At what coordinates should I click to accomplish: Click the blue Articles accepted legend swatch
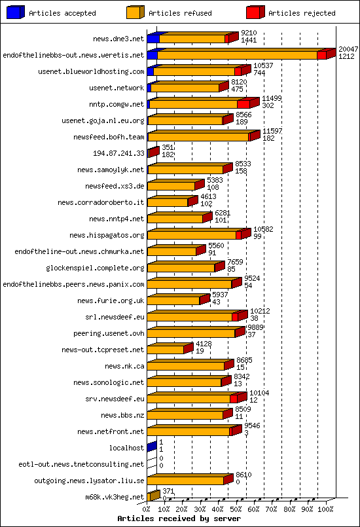[16, 12]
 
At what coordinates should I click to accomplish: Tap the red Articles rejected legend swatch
[255, 12]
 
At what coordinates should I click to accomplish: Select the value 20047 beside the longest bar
[348, 49]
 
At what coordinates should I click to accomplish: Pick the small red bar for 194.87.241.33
[153, 153]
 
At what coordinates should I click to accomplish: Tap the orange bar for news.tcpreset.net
[166, 350]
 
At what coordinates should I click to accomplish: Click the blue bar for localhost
[151, 447]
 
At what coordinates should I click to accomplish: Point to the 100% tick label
[325, 509]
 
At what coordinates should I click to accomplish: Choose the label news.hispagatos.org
[107, 235]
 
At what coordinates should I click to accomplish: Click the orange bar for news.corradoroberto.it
[168, 202]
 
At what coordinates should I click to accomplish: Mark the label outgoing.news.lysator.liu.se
[89, 481]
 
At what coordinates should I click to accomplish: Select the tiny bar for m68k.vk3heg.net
[153, 496]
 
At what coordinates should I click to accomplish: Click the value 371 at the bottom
[168, 491]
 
